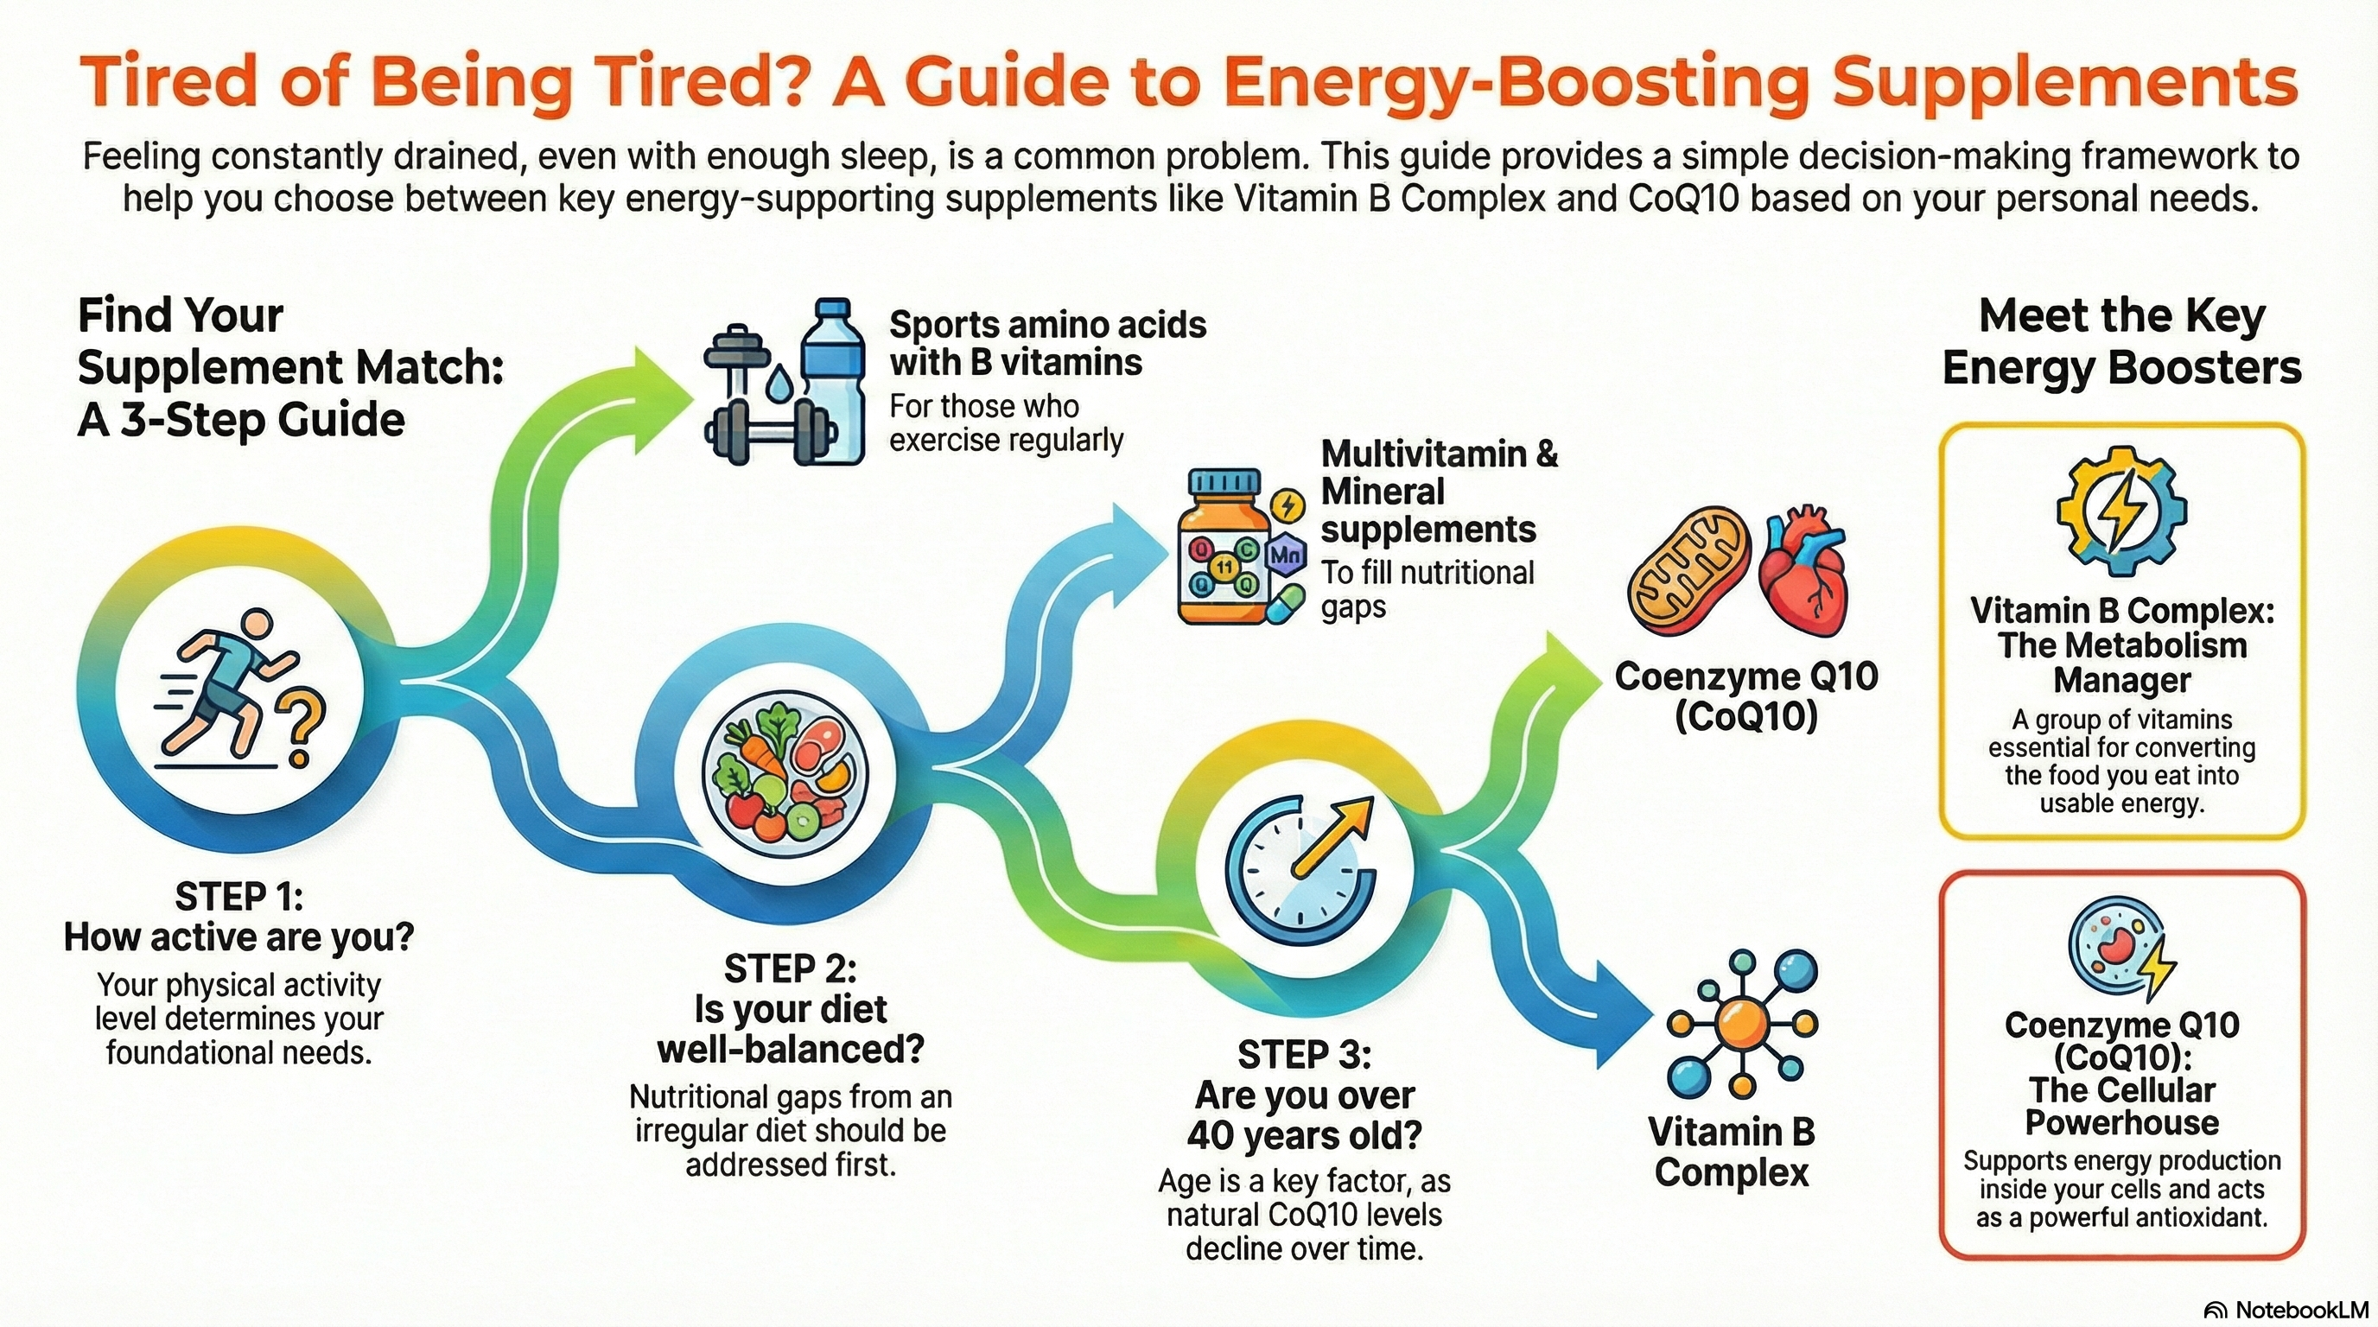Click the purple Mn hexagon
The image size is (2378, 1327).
tap(1286, 555)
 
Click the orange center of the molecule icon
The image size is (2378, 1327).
tap(1739, 1021)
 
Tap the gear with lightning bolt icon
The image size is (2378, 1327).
tap(2121, 512)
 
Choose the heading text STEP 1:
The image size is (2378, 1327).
tap(238, 896)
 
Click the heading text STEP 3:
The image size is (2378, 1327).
tap(1303, 1054)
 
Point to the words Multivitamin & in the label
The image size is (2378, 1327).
tap(1440, 454)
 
